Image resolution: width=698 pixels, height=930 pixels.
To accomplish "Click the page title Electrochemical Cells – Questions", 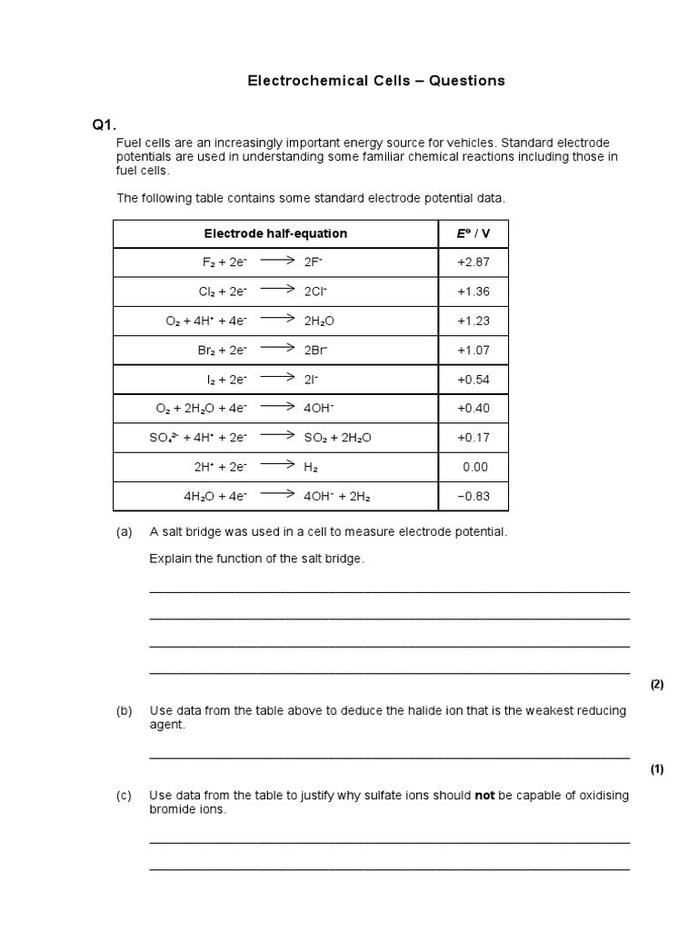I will (x=376, y=81).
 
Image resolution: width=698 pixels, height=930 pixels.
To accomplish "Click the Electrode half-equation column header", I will (x=275, y=233).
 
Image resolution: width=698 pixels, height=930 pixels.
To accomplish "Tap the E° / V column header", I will (x=473, y=233).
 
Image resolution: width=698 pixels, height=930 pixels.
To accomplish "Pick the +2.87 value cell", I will (x=473, y=262).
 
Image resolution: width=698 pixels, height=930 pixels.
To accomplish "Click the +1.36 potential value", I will (x=473, y=292).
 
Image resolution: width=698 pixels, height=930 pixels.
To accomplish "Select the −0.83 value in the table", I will (x=473, y=497).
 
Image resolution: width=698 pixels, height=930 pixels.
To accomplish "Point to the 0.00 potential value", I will (x=474, y=467).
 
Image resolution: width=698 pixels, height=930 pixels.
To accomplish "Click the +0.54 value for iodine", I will (x=473, y=380).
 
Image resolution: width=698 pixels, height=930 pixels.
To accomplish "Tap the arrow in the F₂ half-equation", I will (x=277, y=261).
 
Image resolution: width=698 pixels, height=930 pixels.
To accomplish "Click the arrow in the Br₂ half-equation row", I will (x=277, y=349).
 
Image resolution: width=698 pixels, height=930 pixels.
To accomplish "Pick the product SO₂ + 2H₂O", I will (x=338, y=438).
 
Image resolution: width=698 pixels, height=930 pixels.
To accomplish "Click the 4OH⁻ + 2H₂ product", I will (x=337, y=497).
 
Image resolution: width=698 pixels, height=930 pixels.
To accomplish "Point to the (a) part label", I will (x=125, y=532).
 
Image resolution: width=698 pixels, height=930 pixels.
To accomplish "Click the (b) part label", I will (x=125, y=710).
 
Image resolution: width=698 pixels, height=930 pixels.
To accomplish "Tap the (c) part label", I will (x=125, y=796).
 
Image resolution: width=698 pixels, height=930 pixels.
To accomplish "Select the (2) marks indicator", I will (x=657, y=685).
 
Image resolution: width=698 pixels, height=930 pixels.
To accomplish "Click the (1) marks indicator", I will (x=657, y=769).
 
